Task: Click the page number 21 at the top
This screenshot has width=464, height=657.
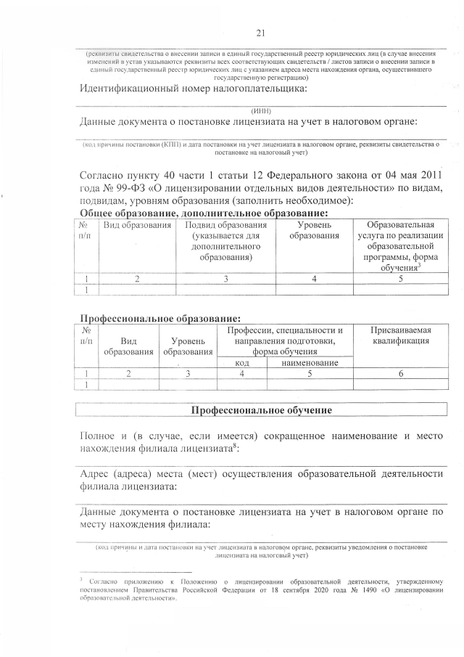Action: pos(261,32)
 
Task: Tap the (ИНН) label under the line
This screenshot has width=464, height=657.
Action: pos(261,110)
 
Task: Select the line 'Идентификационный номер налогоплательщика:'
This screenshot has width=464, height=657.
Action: pos(193,89)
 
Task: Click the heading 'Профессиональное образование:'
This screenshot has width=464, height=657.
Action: pos(159,318)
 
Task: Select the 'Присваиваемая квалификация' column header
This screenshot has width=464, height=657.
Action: pos(401,336)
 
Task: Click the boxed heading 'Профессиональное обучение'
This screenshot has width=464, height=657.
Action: pos(261,410)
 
